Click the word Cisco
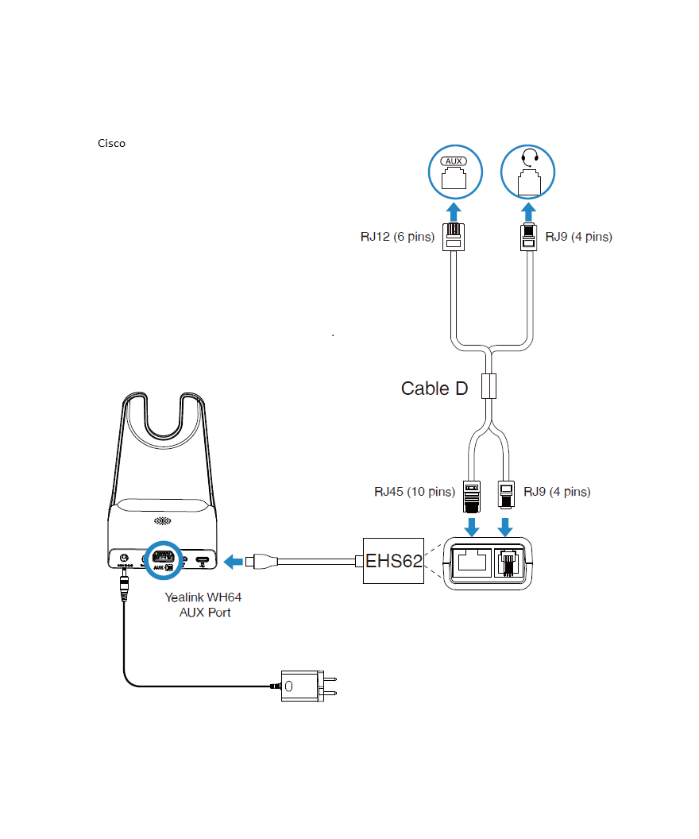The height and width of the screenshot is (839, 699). click(x=111, y=143)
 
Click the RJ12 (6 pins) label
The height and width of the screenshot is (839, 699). click(x=397, y=237)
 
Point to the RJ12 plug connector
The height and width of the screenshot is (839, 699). click(x=454, y=237)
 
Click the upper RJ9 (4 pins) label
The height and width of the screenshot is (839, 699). click(x=578, y=237)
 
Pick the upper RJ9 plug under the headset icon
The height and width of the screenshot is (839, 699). click(x=528, y=237)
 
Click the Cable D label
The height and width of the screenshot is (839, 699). click(x=434, y=389)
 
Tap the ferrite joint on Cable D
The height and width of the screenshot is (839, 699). click(x=490, y=386)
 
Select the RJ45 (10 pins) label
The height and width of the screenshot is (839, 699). click(x=415, y=492)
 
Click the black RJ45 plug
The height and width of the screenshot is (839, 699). click(x=471, y=493)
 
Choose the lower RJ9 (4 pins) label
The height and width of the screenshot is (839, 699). click(x=557, y=492)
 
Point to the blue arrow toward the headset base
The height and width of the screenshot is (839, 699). click(x=234, y=562)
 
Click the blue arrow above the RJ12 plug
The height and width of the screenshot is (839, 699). click(x=454, y=212)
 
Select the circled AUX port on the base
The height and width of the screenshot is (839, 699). click(x=163, y=559)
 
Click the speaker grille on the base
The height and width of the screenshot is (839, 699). click(x=162, y=522)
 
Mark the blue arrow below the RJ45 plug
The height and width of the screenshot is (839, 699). click(x=471, y=526)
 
